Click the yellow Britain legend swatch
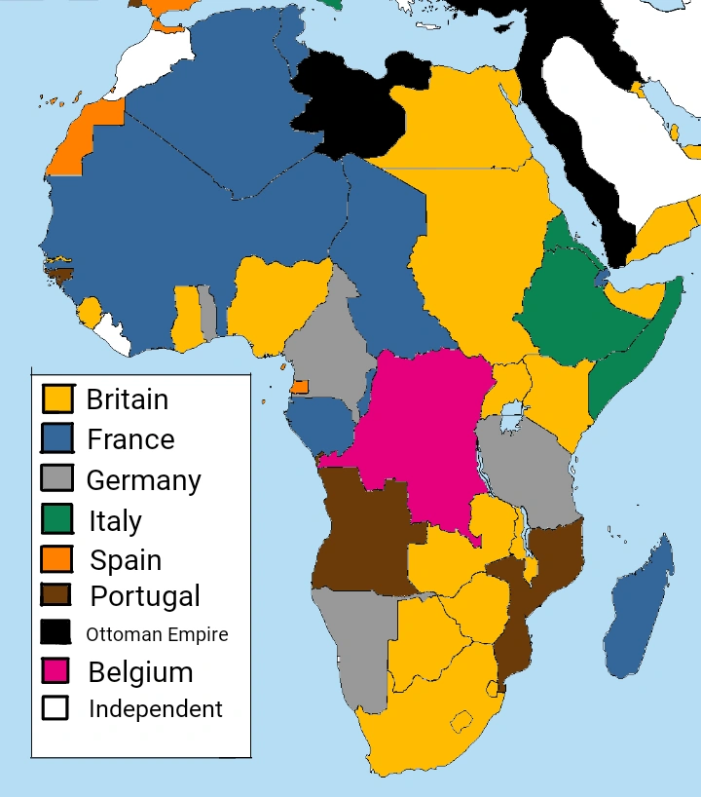tap(57, 398)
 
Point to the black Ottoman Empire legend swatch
tap(57, 632)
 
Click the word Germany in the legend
tap(143, 479)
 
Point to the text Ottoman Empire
tap(157, 634)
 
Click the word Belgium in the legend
tap(140, 672)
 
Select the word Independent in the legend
tap(156, 709)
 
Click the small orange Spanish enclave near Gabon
tap(300, 387)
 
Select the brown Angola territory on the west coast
tap(360, 536)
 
